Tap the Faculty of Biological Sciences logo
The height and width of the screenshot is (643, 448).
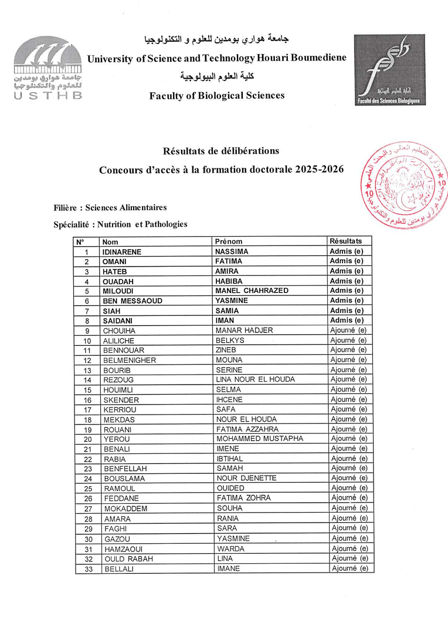[x=390, y=70]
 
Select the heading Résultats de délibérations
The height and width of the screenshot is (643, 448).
[x=217, y=152]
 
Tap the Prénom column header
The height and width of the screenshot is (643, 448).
[x=229, y=241]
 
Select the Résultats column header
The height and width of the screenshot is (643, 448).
[x=346, y=241]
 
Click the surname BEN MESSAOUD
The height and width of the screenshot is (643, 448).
[x=133, y=301]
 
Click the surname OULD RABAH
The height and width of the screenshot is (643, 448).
[x=128, y=558]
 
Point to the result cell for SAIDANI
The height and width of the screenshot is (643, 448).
[x=347, y=320]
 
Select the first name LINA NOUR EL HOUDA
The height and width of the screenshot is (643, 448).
[x=256, y=379]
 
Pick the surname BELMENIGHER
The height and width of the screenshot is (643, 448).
[x=130, y=360]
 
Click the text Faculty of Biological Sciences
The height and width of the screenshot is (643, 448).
[x=217, y=96]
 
